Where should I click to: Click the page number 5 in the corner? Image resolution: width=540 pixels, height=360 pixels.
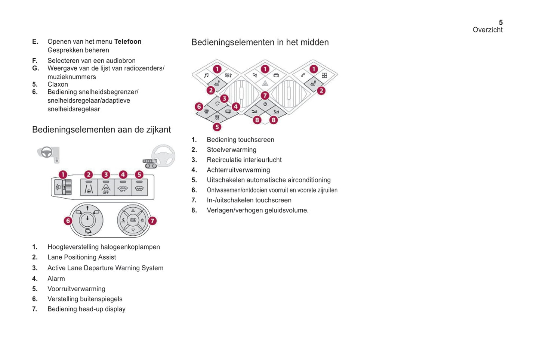(500, 22)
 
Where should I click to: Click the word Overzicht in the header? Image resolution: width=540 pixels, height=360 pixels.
(487, 30)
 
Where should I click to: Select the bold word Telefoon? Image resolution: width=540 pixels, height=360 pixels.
(128, 41)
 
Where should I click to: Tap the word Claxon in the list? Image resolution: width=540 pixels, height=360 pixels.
(58, 84)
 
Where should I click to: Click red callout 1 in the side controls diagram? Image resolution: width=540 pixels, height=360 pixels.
(63, 175)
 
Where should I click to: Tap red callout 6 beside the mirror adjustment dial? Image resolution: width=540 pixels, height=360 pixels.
(68, 221)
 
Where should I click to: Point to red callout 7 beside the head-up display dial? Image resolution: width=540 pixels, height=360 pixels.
(152, 221)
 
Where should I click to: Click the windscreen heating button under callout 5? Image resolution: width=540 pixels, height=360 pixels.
(139, 188)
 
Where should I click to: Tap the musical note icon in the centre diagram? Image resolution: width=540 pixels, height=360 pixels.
(206, 75)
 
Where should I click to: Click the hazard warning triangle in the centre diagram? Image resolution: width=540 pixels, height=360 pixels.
(265, 83)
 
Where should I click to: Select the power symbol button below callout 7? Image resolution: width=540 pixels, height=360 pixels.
(265, 104)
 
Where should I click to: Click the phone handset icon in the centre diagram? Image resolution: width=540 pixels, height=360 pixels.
(303, 75)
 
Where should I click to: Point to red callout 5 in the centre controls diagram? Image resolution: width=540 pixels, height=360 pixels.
(217, 127)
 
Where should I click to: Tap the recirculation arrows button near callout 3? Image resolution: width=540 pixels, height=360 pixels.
(217, 103)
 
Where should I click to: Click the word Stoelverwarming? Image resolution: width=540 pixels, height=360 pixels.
(231, 150)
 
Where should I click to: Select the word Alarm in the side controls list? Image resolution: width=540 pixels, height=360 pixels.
(56, 279)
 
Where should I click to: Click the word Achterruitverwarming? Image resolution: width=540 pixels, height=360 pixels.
(238, 170)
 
